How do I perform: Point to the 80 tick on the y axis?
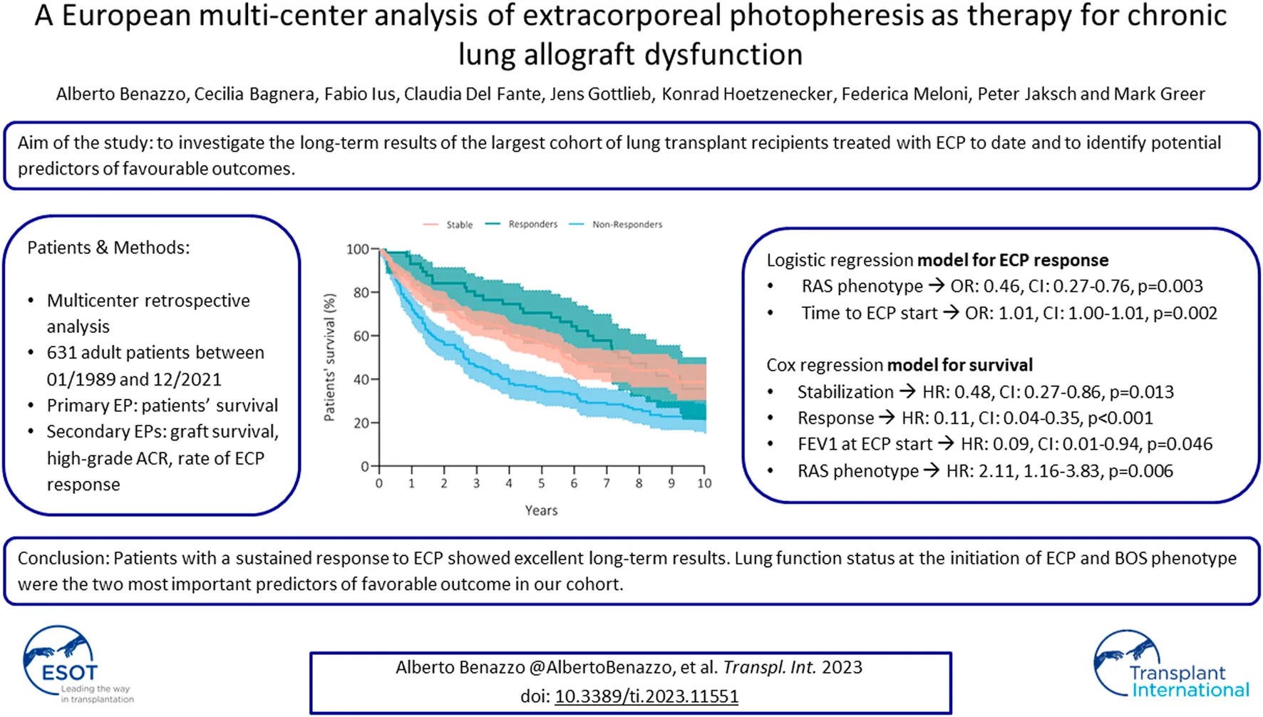click(361, 292)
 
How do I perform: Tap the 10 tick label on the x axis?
click(704, 483)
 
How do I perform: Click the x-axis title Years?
click(541, 510)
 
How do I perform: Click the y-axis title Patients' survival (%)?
click(329, 358)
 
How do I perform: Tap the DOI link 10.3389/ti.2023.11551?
click(646, 696)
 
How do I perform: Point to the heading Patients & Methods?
click(108, 247)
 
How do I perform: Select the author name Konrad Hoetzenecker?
click(746, 94)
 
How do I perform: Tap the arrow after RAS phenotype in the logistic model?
click(937, 286)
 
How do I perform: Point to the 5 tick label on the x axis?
click(542, 483)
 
